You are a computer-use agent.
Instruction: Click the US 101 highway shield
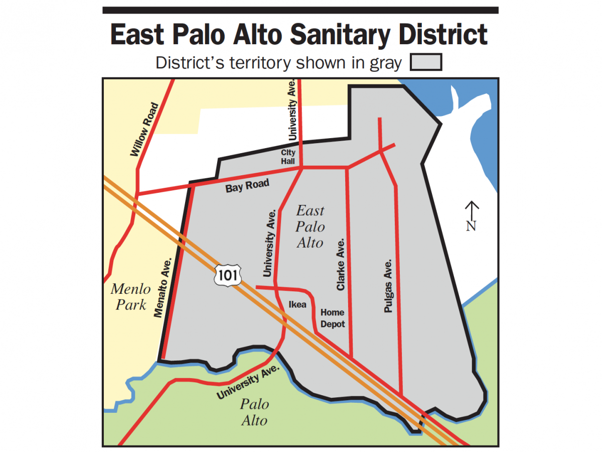point(228,275)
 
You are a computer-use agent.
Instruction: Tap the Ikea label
point(297,304)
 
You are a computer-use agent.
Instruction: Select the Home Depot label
point(333,318)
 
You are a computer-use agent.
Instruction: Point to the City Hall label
point(288,157)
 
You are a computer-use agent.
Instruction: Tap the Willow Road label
point(144,129)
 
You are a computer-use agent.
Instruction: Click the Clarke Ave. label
point(341,265)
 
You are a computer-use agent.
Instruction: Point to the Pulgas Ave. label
point(388,286)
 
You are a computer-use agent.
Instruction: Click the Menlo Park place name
point(130,297)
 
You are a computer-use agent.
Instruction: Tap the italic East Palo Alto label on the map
point(310,227)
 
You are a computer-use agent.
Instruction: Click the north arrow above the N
point(471,209)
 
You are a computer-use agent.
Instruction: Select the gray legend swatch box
point(426,63)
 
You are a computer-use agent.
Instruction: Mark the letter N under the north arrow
point(471,227)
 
